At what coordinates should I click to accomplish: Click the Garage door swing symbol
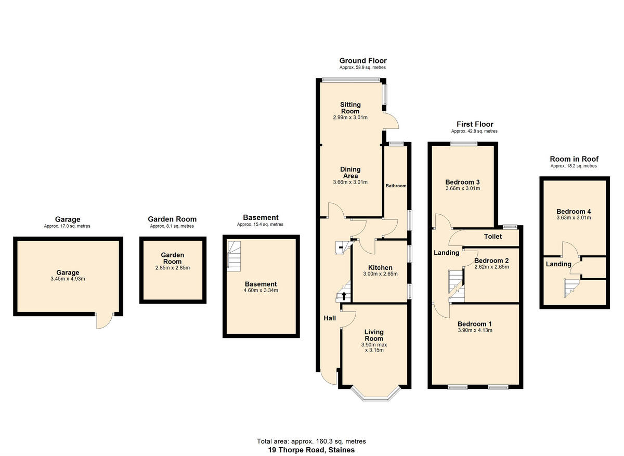pos(104,321)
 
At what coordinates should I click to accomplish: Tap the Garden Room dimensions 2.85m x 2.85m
pos(172,268)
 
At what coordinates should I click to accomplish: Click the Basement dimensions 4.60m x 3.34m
pos(261,291)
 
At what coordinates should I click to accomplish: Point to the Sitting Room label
pos(350,108)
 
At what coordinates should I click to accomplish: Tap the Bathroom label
pos(396,186)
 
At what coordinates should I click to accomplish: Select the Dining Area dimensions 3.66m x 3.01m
pos(350,183)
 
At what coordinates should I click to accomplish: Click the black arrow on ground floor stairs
pos(343,296)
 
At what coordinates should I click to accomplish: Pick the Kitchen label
pos(380,268)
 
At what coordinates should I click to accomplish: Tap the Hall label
pos(330,318)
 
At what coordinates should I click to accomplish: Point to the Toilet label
pos(492,237)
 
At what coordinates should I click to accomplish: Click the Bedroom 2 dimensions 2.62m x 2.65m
pos(491,267)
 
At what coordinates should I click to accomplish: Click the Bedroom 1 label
pos(475,324)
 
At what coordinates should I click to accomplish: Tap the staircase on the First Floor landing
pos(456,285)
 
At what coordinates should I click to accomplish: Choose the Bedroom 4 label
pos(574,211)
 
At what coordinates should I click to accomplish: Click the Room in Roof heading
pos(574,159)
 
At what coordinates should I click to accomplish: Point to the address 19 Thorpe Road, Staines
pos(311,450)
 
